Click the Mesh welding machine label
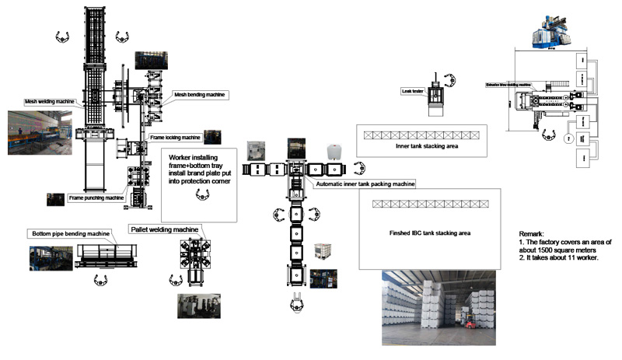click(x=50, y=102)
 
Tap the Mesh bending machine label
click(x=199, y=94)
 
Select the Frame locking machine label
click(x=175, y=138)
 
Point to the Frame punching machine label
click(x=96, y=198)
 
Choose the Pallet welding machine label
click(x=165, y=229)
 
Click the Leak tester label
click(x=412, y=90)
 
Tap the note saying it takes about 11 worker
click(x=562, y=258)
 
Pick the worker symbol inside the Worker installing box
click(x=201, y=197)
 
